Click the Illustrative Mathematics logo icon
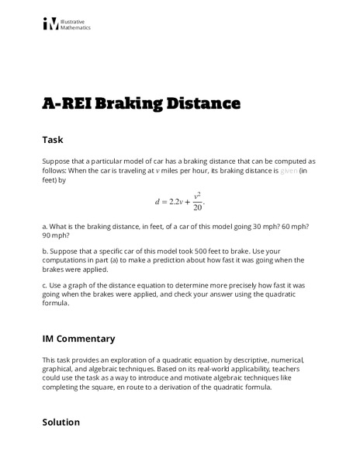pos(50,24)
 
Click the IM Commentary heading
pos(78,339)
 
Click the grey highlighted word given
pos(289,170)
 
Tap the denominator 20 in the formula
pos(198,207)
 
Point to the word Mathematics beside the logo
pos(75,27)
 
